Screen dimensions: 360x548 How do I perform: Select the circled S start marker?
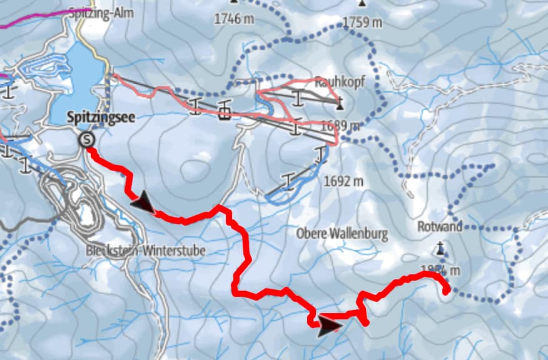coord(86,141)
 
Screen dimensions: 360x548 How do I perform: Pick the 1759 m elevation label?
coord(362,23)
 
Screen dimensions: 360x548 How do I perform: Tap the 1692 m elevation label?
coord(343,182)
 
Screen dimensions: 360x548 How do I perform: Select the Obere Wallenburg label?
coord(342,234)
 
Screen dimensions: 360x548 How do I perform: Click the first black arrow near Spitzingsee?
coord(143,202)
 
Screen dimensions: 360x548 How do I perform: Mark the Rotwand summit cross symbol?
coord(440,251)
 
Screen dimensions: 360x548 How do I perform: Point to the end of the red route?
coord(447,290)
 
